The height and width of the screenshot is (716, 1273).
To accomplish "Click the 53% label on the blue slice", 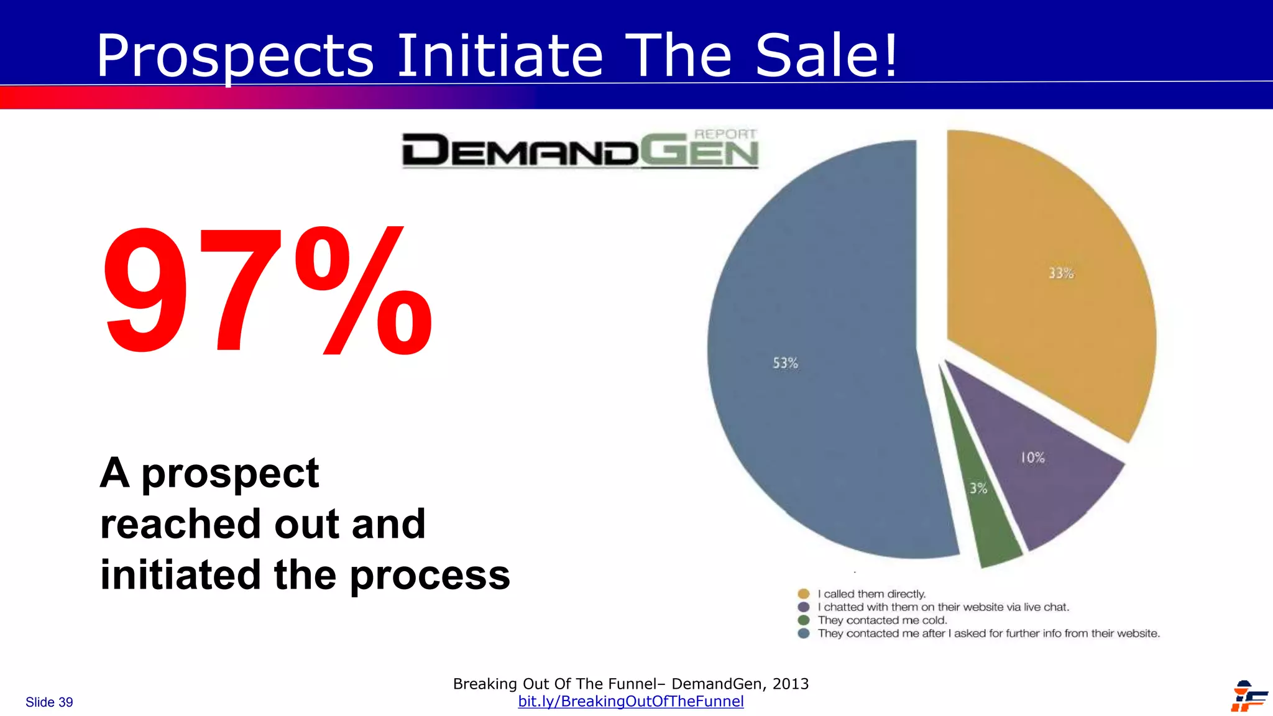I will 785,363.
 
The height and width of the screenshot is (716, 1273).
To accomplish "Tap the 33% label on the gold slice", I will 1061,273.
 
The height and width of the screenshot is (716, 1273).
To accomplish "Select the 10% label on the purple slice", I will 1032,458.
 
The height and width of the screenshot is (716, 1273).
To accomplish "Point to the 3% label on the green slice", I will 978,489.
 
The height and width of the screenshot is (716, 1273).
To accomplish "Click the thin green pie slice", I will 988,522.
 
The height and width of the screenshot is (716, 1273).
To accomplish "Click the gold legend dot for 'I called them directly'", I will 804,594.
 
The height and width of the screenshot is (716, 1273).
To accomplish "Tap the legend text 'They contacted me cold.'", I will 882,620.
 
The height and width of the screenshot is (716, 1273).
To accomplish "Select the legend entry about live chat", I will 943,607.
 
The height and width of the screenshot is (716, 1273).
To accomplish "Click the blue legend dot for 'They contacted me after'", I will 804,633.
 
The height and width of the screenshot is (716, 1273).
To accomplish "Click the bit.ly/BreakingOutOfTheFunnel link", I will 630,702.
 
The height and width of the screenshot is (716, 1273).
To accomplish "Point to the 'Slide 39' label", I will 49,702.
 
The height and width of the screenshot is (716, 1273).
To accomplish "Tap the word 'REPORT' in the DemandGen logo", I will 725,134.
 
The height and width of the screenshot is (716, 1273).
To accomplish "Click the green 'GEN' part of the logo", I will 699,153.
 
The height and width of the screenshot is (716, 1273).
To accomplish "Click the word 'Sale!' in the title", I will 827,56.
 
